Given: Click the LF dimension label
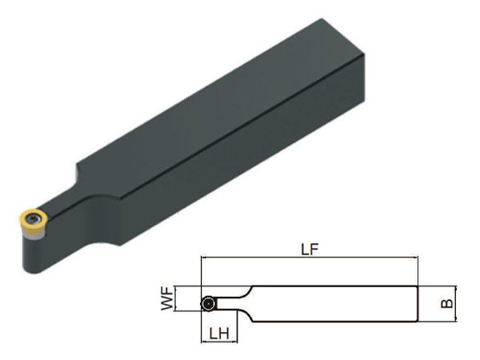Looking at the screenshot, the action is point(310,250).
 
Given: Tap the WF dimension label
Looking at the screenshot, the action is point(167,298).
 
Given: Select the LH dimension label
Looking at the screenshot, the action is point(219,334).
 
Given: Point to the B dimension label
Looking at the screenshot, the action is point(446,303).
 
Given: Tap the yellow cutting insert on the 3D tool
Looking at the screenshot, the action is point(34,219).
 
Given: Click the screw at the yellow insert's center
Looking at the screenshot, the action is point(33,218).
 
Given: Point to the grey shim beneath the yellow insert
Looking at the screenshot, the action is point(35,236).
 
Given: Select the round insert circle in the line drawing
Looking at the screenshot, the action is point(208,304).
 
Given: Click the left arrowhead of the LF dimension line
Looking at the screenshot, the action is point(203,258).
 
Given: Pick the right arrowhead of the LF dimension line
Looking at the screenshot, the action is point(415,258).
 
